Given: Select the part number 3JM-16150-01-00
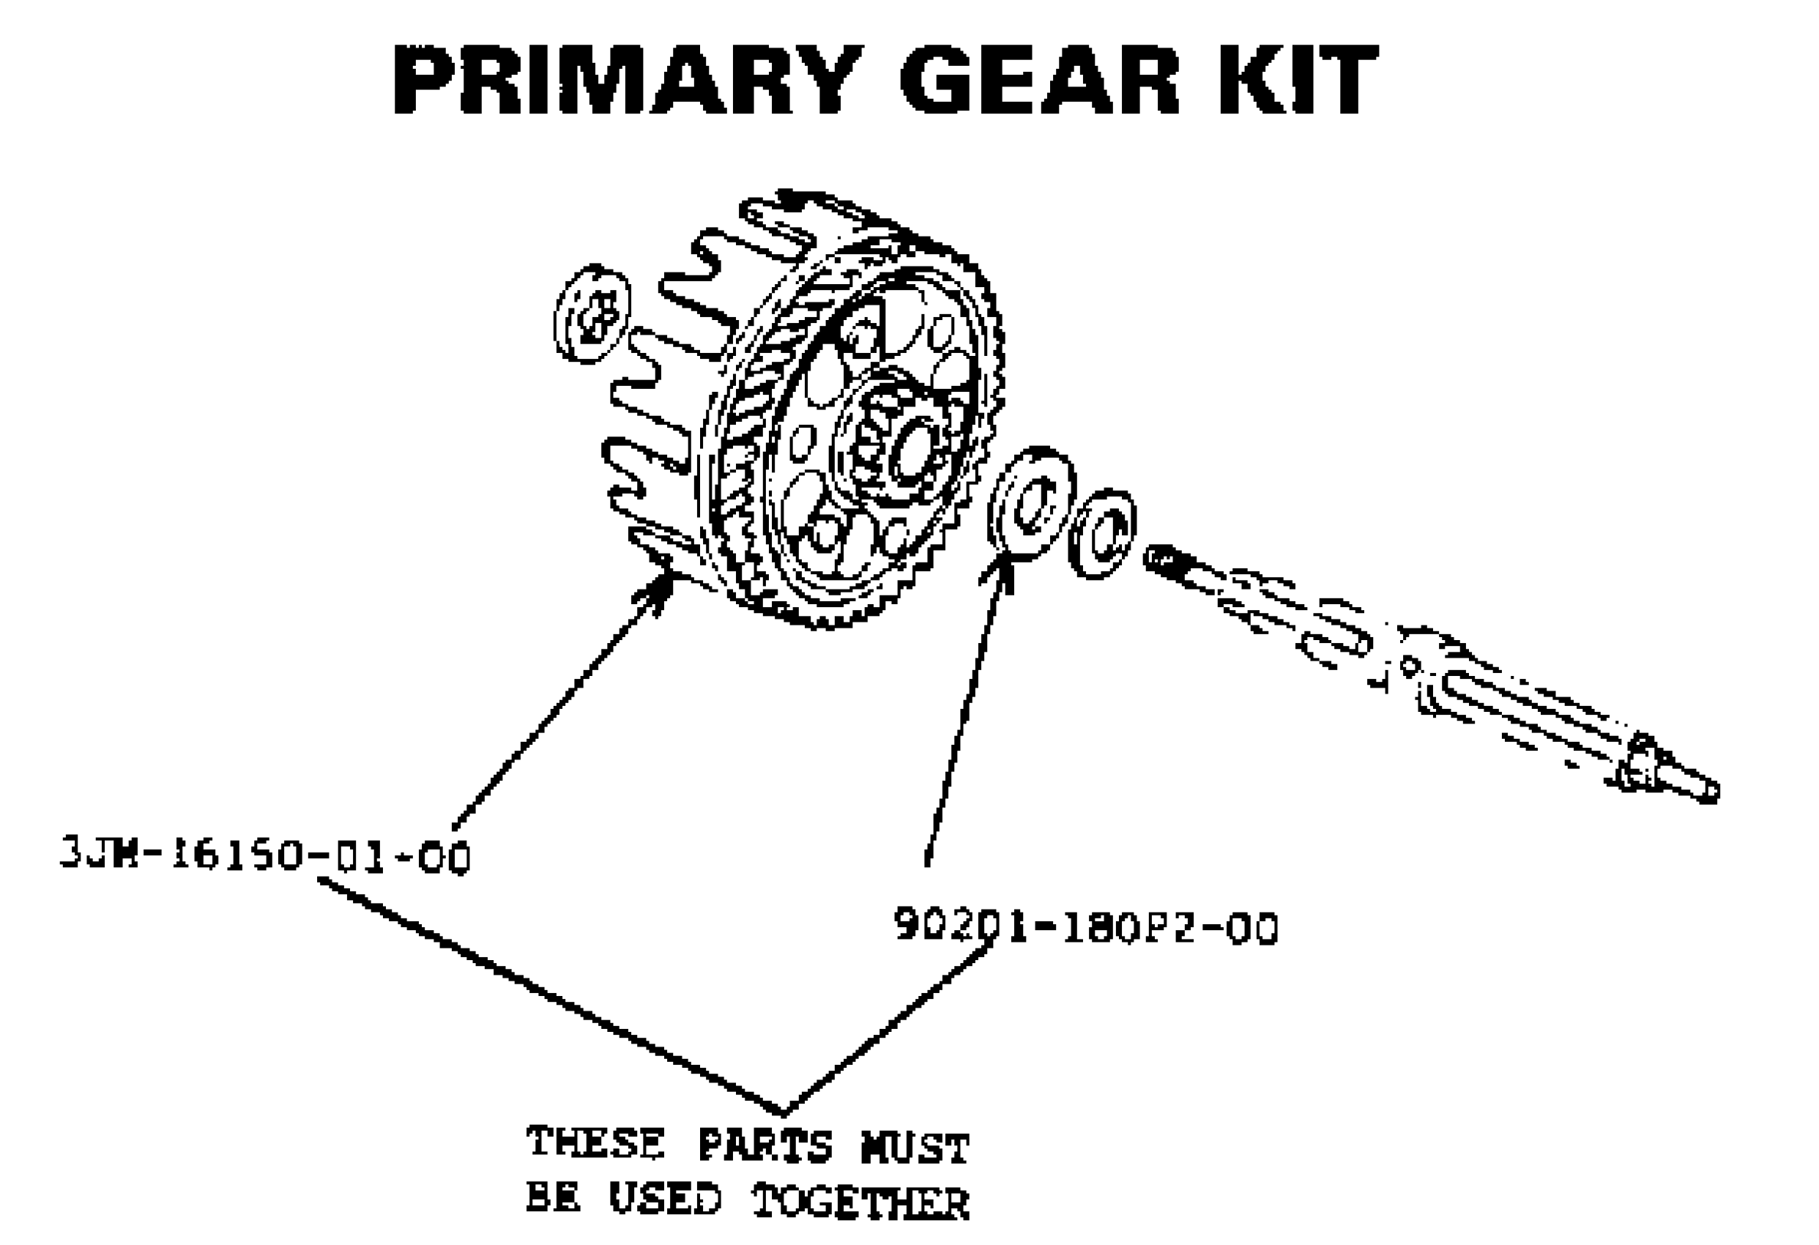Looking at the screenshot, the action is (266, 856).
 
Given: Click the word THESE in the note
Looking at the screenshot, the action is (595, 1143).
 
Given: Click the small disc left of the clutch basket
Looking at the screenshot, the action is (592, 313).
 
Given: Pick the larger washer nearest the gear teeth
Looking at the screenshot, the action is (1031, 503).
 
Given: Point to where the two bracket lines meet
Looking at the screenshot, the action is (783, 1112).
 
